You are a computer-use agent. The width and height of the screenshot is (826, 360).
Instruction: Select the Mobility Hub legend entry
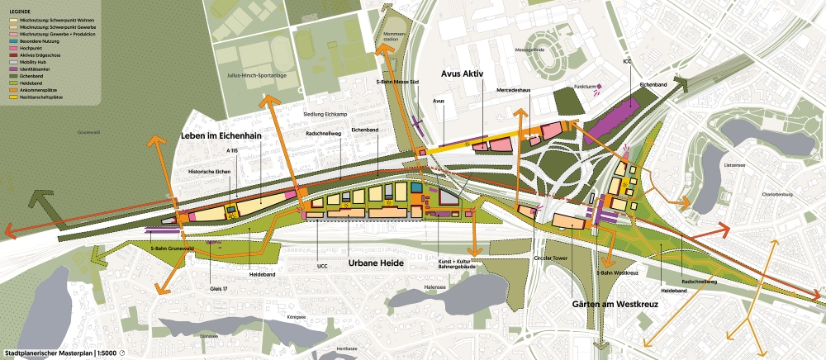(41, 62)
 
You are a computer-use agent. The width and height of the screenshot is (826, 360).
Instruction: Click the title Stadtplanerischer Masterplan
(49, 353)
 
